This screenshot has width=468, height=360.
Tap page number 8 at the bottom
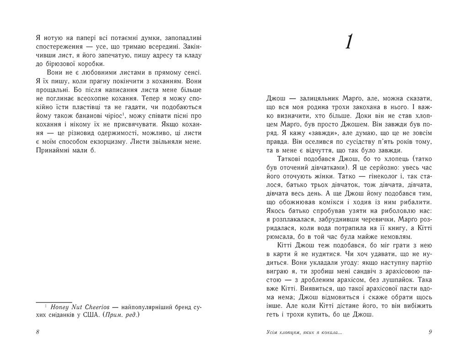point(37,332)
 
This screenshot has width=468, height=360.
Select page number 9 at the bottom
point(430,332)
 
